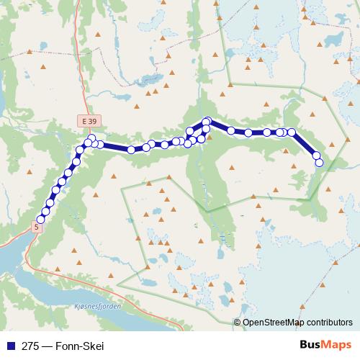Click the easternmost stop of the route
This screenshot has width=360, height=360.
click(320, 163)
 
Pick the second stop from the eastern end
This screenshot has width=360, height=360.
click(316, 155)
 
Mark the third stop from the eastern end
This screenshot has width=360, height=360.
click(292, 132)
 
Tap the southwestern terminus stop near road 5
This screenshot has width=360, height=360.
click(40, 220)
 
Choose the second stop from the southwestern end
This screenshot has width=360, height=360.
click(45, 211)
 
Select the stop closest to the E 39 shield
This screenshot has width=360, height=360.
click(91, 138)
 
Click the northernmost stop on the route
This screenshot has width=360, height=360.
click(207, 121)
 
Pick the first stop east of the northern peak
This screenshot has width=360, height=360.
click(231, 130)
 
